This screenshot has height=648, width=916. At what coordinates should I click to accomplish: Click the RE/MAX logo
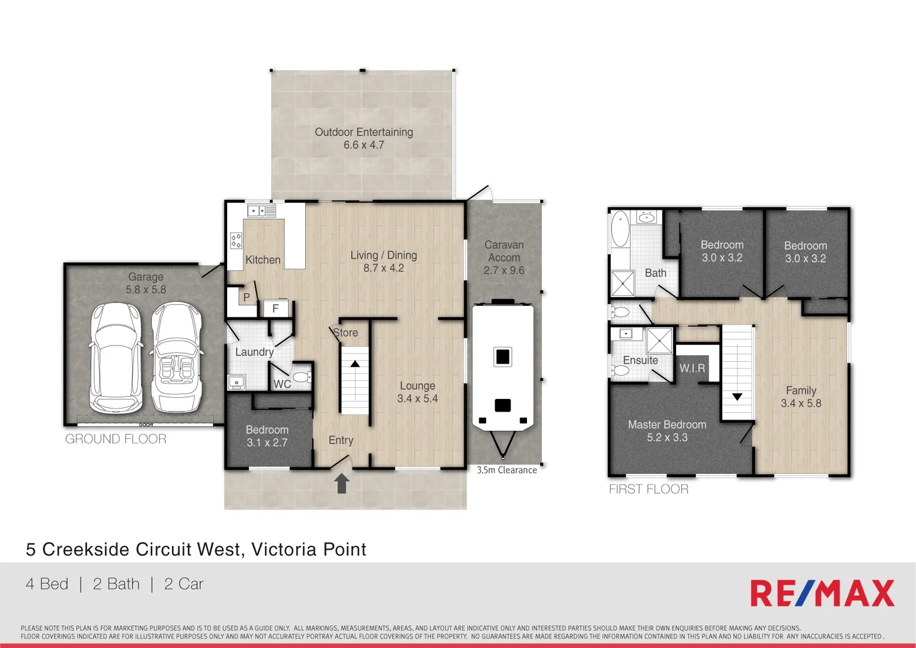tap(822, 593)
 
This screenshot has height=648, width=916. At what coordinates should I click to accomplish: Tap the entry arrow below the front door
tap(342, 483)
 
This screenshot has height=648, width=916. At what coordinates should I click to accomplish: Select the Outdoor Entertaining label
tap(364, 132)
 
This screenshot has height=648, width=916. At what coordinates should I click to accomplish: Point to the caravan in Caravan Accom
tap(503, 366)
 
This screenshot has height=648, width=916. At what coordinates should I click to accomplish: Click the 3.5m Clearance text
tap(507, 470)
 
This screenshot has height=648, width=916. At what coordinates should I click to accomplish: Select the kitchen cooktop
tap(236, 241)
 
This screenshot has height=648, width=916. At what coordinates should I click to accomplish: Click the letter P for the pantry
tap(246, 297)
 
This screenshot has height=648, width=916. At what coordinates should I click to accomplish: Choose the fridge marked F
tap(276, 308)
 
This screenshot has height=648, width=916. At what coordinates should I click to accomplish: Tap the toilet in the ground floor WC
tap(302, 377)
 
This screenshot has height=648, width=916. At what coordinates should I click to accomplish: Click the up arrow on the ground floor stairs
tap(355, 364)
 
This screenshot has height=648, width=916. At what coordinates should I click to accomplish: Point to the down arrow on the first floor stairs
tap(737, 397)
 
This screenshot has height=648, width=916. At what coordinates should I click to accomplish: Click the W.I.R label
tap(692, 368)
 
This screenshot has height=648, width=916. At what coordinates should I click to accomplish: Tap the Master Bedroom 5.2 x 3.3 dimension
tap(667, 437)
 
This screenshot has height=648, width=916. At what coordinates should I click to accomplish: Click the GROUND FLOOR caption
tap(116, 439)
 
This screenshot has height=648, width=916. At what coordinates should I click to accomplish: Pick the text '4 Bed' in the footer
tap(47, 584)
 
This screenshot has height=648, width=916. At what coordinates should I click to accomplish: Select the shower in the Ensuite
tap(659, 341)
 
